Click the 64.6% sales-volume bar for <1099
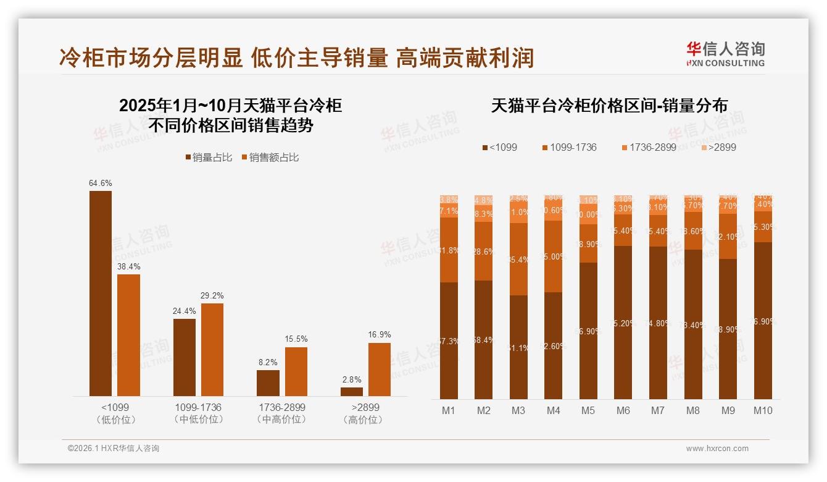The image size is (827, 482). pyautogui.click(x=101, y=294)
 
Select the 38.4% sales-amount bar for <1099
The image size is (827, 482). pyautogui.click(x=129, y=335)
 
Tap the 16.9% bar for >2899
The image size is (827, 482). pyautogui.click(x=380, y=370)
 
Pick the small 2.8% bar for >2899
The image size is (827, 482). pyautogui.click(x=352, y=392)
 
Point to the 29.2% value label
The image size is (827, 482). pyautogui.click(x=212, y=295)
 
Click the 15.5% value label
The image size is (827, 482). pyautogui.click(x=296, y=339)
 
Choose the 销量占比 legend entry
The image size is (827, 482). pyautogui.click(x=209, y=158)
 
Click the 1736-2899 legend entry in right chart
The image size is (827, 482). pyautogui.click(x=648, y=147)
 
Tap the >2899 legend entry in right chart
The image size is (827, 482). pyautogui.click(x=719, y=147)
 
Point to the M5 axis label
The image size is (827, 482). pyautogui.click(x=588, y=410)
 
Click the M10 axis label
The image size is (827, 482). pyautogui.click(x=763, y=410)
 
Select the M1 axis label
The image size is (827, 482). pyautogui.click(x=449, y=410)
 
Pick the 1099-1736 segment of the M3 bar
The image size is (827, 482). pyautogui.click(x=518, y=259)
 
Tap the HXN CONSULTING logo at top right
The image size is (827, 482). pyautogui.click(x=725, y=54)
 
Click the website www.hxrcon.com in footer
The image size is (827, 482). pyautogui.click(x=717, y=449)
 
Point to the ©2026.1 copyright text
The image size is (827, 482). pyautogui.click(x=114, y=449)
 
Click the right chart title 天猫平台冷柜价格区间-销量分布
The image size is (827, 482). pyautogui.click(x=609, y=106)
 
